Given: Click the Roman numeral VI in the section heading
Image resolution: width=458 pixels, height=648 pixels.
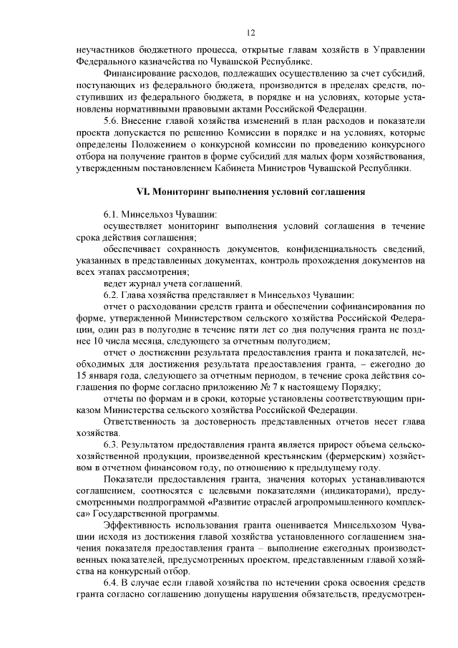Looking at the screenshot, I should click(x=142, y=192).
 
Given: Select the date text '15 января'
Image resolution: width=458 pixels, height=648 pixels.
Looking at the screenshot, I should click(x=99, y=375).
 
